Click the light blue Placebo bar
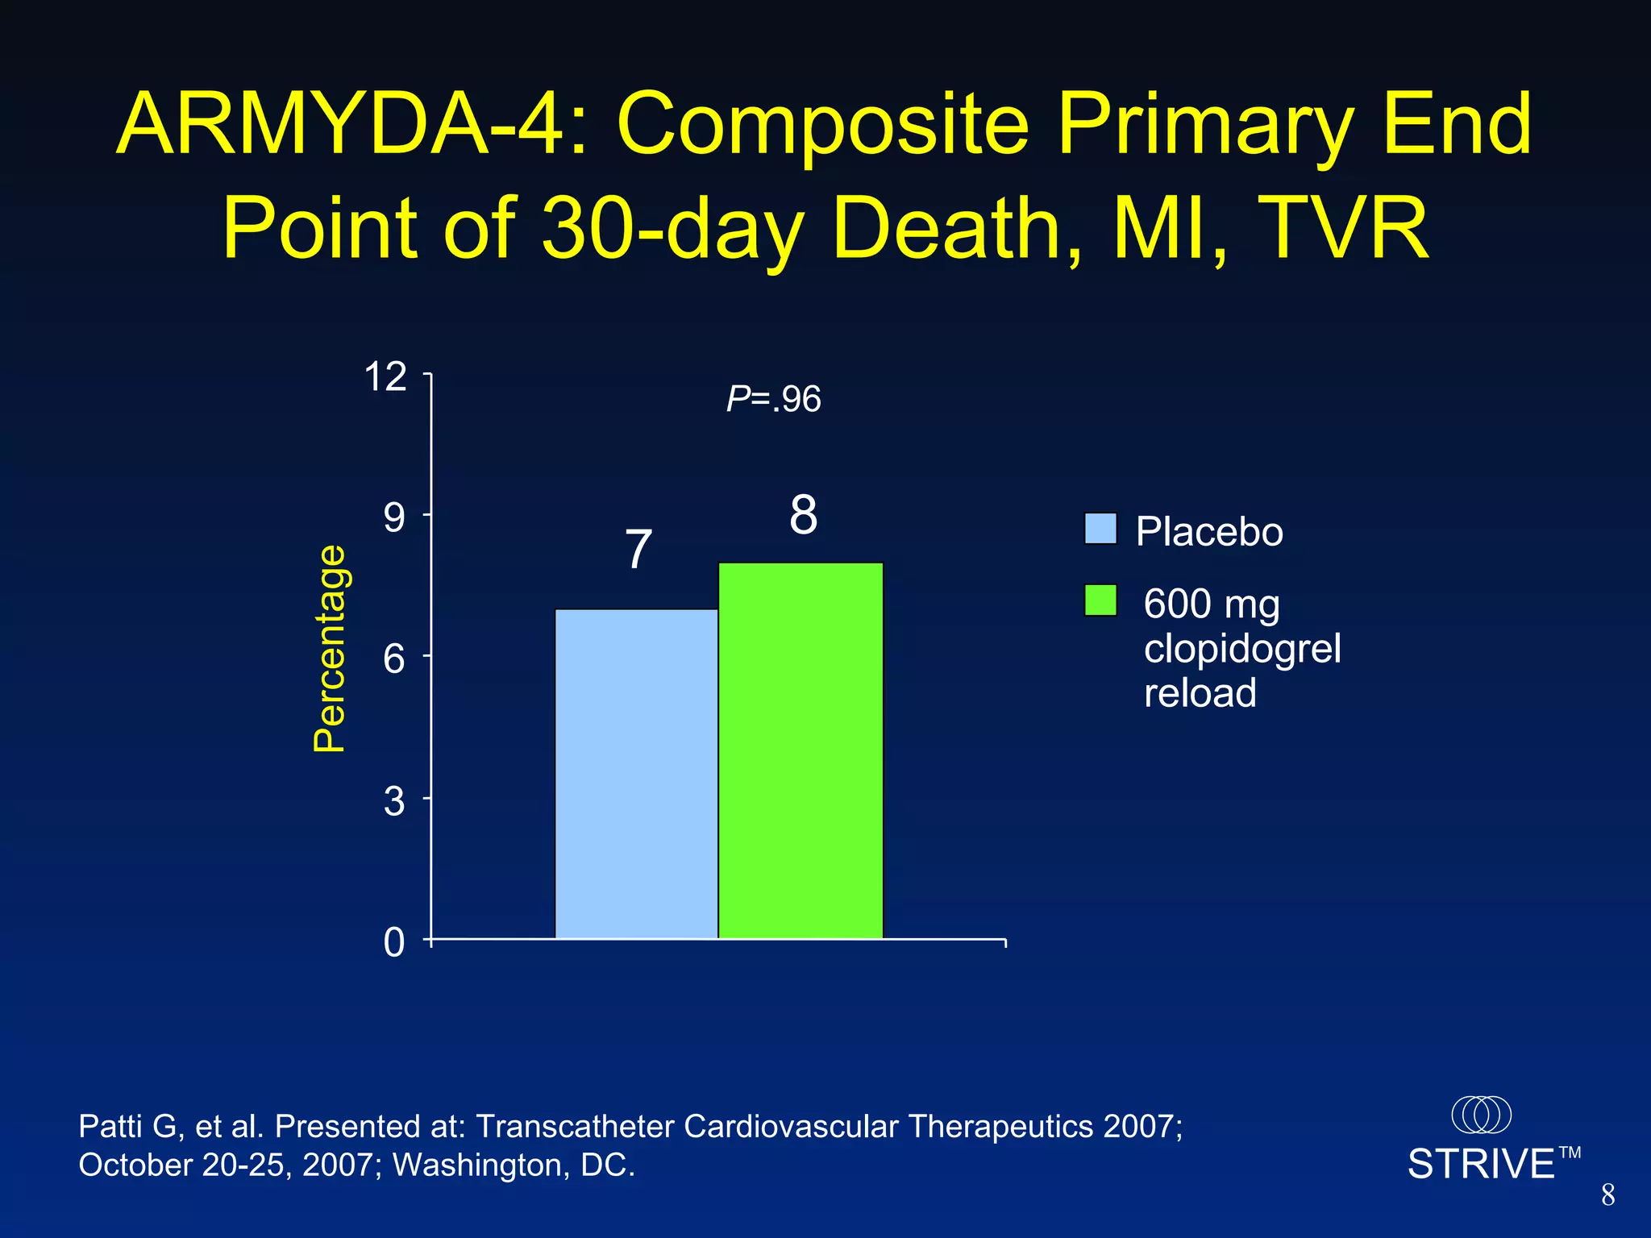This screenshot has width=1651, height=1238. tap(636, 774)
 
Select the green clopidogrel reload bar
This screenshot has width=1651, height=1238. tap(801, 750)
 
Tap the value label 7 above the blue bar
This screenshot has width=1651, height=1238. tap(638, 550)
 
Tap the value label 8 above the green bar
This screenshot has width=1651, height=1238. tap(803, 515)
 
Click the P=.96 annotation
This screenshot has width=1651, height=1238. tap(773, 399)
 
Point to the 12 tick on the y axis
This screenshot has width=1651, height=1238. tap(385, 376)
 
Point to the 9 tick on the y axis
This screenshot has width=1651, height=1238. tap(393, 517)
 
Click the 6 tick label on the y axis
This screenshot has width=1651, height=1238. tap(393, 659)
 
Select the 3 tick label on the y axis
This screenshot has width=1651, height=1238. tap(393, 801)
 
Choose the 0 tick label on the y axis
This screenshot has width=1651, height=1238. tap(393, 942)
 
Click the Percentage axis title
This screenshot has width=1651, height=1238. tap(330, 649)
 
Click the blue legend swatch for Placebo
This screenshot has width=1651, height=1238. tap(1100, 529)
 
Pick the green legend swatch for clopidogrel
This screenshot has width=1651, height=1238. tap(1100, 600)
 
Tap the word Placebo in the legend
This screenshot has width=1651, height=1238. tap(1208, 532)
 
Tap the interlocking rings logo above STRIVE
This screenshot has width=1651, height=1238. tap(1481, 1115)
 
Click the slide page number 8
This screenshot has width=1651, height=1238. tap(1607, 1195)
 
